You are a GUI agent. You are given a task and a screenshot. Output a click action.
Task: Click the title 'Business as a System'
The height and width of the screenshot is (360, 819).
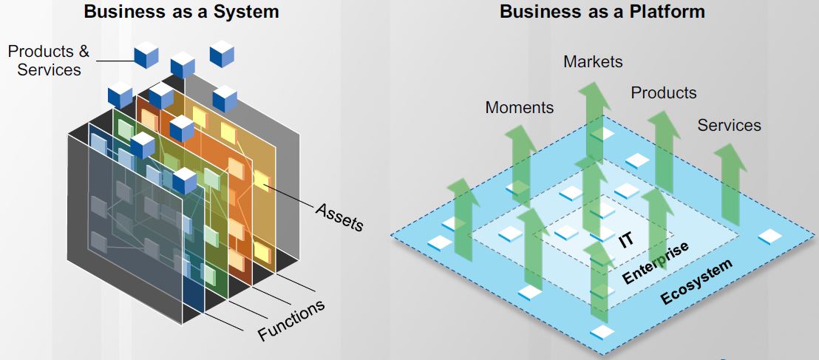pos(182,12)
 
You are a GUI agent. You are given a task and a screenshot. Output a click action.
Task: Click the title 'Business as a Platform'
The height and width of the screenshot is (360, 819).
pos(602,12)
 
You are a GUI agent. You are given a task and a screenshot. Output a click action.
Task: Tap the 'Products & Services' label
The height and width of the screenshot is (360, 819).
pos(49,61)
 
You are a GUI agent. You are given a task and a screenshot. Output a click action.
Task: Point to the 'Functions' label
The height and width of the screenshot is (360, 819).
pos(291,321)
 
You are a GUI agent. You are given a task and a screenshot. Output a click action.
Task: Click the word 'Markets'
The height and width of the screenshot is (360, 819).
pos(593,62)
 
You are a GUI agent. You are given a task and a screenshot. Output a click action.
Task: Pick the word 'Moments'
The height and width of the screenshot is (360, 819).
pos(519,107)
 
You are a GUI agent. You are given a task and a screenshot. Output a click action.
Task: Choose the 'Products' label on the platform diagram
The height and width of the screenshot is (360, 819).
pos(663,93)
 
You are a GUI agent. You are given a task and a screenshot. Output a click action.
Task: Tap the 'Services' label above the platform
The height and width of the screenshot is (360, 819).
pos(729,126)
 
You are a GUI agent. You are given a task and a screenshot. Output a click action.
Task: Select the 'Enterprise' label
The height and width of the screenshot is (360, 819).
pos(656,262)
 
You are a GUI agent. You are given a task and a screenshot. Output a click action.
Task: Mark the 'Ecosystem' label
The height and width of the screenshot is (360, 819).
pos(696,282)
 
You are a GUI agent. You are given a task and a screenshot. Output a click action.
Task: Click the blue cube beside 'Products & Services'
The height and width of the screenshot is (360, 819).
pos(146,54)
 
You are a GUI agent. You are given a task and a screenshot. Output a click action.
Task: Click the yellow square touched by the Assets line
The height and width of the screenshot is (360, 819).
pos(261,180)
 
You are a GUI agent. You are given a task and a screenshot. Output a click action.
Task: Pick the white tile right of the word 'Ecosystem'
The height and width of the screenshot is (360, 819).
pos(769,236)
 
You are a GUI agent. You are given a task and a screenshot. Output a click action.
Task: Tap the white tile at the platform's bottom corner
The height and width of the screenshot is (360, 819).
pos(602,332)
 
